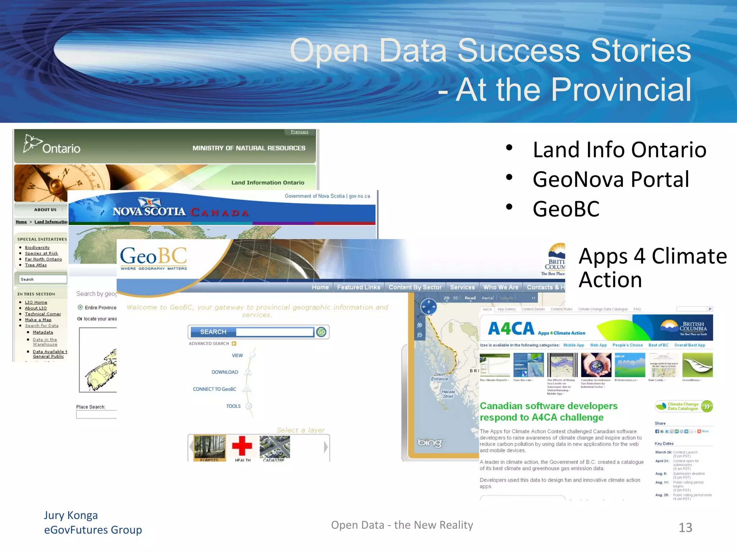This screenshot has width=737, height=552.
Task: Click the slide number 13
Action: (685, 528)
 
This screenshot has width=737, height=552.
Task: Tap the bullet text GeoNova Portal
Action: (611, 179)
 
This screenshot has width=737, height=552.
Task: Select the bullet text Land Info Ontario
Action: (619, 149)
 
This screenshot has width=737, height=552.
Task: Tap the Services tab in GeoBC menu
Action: (462, 287)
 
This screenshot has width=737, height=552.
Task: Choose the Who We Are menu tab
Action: (501, 287)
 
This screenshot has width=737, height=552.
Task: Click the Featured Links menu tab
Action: (358, 287)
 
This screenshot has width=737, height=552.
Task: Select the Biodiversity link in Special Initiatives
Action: (37, 247)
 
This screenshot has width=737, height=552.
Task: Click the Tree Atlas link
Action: (36, 265)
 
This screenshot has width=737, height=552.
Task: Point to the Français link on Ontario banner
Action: (299, 132)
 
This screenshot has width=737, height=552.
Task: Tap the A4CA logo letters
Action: (511, 328)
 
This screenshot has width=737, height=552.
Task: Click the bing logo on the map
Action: (429, 442)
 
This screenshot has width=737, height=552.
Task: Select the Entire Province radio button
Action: (80, 307)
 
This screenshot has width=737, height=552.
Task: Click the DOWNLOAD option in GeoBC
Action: (225, 372)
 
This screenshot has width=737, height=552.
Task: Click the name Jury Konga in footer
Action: (71, 515)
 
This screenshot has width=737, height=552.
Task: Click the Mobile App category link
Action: (574, 345)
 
